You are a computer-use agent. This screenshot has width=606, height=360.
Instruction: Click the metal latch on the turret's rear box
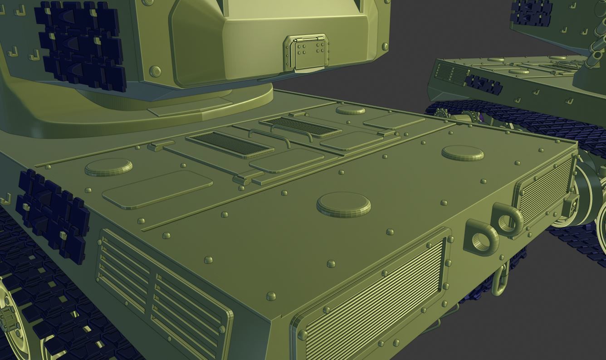(306, 53)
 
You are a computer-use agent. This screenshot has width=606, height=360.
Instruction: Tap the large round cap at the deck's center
(343, 204)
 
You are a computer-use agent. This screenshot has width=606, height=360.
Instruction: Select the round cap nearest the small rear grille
(462, 153)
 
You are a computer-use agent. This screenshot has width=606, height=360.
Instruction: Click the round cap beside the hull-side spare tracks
(108, 167)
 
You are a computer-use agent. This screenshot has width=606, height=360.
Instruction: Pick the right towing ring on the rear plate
(508, 219)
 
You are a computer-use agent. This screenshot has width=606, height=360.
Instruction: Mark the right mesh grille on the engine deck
(300, 126)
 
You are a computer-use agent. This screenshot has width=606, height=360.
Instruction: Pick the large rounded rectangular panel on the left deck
(157, 189)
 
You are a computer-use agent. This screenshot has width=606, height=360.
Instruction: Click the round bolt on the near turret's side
(155, 72)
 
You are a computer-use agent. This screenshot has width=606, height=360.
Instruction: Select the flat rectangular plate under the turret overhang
(190, 108)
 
